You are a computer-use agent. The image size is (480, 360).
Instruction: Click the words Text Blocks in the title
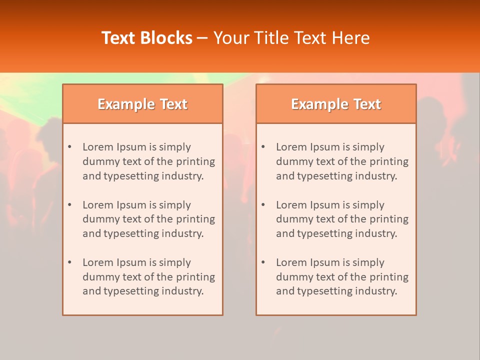point(146,38)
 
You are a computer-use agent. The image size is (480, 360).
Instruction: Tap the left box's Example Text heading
point(142,104)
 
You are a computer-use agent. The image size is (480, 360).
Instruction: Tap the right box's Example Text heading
point(336,104)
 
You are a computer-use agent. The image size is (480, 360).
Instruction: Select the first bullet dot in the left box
point(69,147)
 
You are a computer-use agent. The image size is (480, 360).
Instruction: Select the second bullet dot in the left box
point(69,205)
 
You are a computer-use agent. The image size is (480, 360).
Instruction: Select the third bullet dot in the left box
point(69,262)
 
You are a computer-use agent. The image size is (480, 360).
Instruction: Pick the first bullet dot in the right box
point(263,147)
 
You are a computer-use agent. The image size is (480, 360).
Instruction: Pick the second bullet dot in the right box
point(263,205)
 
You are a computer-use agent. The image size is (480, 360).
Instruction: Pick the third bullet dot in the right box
point(263,262)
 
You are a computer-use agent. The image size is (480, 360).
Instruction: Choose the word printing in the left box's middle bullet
point(195,219)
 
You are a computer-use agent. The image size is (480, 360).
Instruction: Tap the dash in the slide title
point(202,38)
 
